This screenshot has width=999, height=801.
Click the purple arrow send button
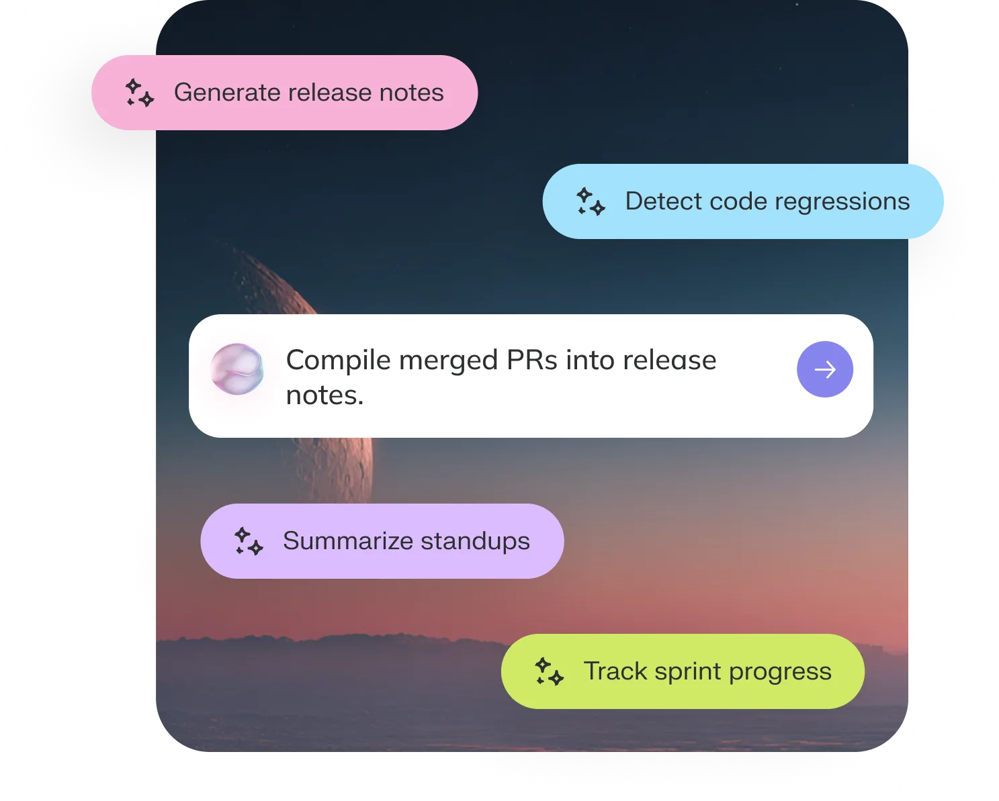pos(824,369)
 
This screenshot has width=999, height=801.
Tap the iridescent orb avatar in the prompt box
pos(236,369)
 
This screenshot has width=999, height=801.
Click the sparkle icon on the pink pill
pos(140,93)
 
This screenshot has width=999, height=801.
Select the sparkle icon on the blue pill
pos(591,201)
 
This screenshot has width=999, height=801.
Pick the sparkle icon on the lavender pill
pos(249,541)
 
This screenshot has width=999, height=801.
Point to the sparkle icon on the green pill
pos(549,671)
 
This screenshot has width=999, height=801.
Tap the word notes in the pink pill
pos(411,93)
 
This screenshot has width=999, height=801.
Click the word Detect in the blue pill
pos(662,201)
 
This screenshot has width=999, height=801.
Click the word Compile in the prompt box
pos(338,361)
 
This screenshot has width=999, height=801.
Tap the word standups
pos(475,542)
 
